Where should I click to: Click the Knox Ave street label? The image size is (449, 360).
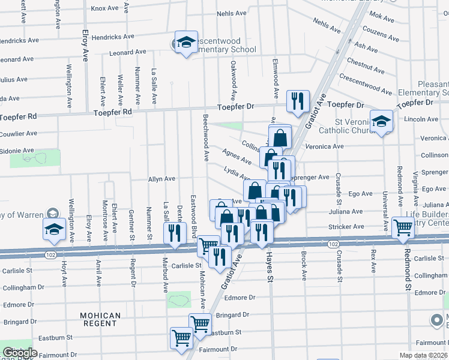click(x=104, y=8)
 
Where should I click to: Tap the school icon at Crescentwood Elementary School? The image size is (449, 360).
click(x=186, y=43)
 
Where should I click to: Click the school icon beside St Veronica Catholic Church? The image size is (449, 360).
click(x=381, y=122)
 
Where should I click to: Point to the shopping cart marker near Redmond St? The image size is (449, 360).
click(x=403, y=227)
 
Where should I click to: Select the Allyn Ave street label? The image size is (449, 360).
click(x=161, y=179)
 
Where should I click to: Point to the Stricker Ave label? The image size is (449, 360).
click(x=346, y=227)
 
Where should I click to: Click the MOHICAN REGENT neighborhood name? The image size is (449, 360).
click(x=101, y=319)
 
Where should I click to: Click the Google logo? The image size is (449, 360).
click(x=19, y=353)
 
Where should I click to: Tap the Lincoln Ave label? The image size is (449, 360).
click(x=421, y=119)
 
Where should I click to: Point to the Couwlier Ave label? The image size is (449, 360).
click(x=18, y=133)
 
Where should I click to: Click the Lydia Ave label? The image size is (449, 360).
click(x=237, y=173)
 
